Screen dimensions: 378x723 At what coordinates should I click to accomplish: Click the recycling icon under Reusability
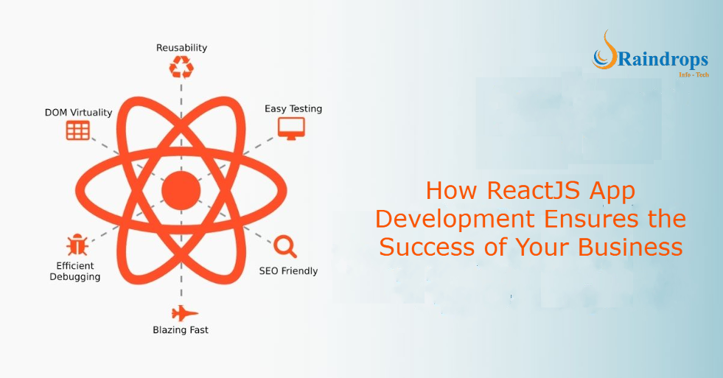[x=181, y=68]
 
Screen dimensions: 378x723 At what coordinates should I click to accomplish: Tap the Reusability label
[x=181, y=48]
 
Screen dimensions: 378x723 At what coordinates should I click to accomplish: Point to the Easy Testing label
[x=293, y=109]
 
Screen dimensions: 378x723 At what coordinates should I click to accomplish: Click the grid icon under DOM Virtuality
[x=78, y=131]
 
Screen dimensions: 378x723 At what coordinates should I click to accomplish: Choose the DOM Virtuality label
[x=78, y=113]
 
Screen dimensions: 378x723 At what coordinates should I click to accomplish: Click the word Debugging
[x=75, y=276]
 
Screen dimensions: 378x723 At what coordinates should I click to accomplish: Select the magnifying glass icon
[x=285, y=245]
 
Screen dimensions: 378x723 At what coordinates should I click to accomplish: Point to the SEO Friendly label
[x=288, y=270]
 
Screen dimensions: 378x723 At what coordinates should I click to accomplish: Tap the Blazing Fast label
[x=181, y=330]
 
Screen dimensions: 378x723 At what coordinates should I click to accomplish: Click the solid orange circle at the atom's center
[x=181, y=190]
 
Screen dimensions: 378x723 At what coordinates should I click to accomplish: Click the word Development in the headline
[x=455, y=219]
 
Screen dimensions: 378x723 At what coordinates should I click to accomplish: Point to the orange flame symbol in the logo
[x=604, y=52]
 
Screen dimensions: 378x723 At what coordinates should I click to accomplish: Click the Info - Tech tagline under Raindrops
[x=694, y=74]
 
